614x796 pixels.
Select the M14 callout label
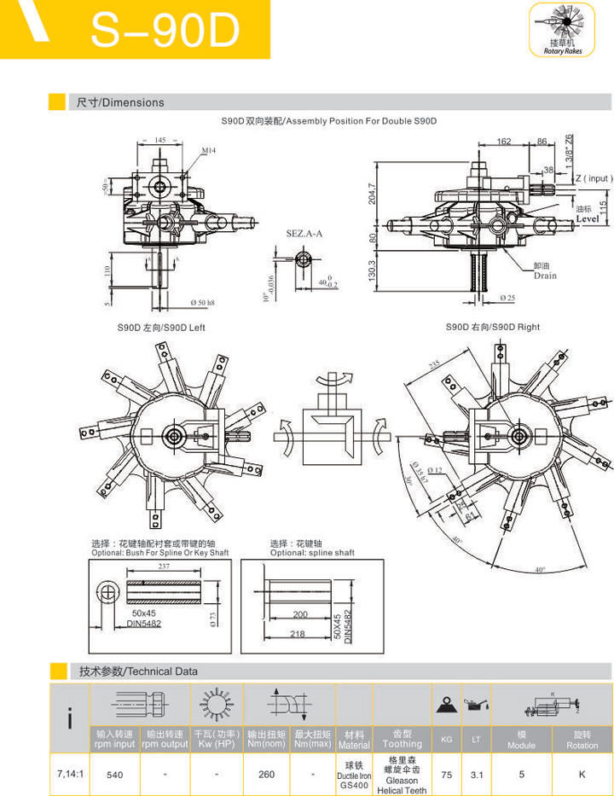click(209, 150)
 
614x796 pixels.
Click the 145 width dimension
click(161, 139)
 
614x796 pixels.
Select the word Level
click(587, 219)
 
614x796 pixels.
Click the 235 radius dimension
click(435, 364)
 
